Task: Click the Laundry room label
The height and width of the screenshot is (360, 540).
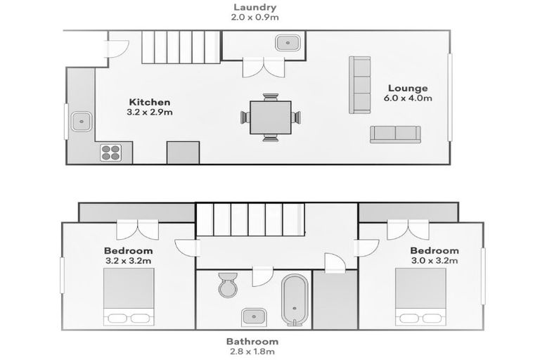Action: [255, 7]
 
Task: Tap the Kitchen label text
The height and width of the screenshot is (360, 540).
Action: [150, 103]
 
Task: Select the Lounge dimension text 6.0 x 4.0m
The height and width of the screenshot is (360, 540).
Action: [408, 98]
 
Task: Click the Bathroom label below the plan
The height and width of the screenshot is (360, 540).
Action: [252, 342]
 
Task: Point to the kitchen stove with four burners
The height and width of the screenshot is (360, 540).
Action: [111, 153]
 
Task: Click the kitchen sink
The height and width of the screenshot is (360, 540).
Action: [82, 122]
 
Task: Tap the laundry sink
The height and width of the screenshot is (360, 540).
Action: [288, 43]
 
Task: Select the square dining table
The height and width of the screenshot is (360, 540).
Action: [271, 117]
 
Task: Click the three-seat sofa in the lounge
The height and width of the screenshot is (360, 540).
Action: [360, 85]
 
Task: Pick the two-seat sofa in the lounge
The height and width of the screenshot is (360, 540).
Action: [395, 135]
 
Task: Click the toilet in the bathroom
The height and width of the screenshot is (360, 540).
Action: [228, 285]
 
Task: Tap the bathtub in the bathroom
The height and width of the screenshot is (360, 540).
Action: [295, 300]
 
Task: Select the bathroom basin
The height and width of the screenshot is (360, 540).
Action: [253, 316]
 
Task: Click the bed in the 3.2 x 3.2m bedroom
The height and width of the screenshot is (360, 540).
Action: [129, 297]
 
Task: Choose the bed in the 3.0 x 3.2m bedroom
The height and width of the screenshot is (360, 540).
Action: [420, 297]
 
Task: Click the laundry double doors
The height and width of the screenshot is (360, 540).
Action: [264, 67]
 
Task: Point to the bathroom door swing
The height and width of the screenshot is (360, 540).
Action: [262, 276]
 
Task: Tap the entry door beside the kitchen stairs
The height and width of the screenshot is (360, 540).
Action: [117, 49]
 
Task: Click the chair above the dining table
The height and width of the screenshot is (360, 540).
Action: [271, 97]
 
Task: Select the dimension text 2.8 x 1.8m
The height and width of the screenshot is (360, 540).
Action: [252, 352]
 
